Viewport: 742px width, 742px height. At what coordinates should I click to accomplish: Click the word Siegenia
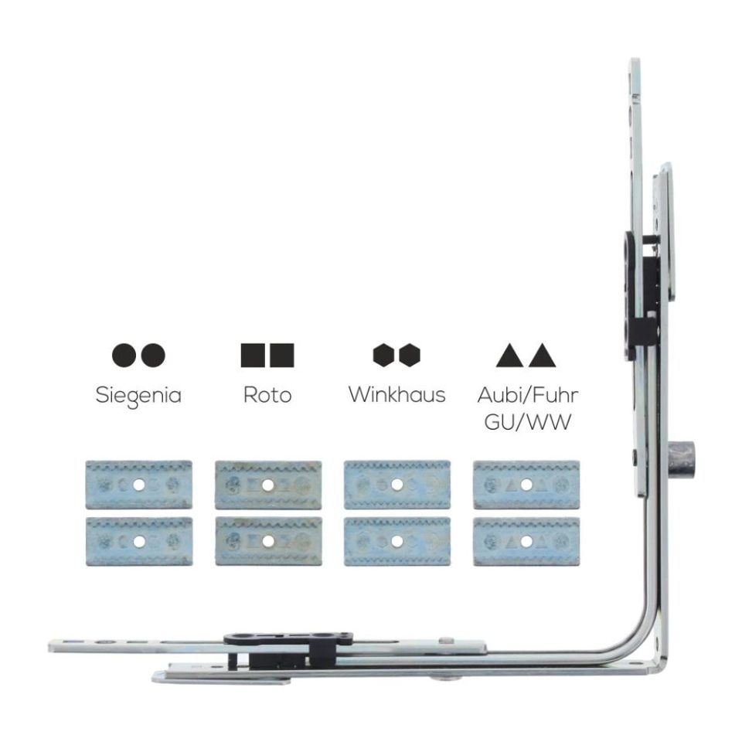click(x=138, y=396)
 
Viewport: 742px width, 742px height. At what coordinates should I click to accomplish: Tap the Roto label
click(x=267, y=395)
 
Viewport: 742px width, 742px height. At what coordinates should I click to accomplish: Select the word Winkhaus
click(x=397, y=394)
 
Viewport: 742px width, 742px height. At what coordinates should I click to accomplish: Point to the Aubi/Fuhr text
click(x=528, y=395)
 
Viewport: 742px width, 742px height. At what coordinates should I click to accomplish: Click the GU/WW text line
click(x=528, y=422)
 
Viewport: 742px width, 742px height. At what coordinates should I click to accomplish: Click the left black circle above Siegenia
click(x=124, y=355)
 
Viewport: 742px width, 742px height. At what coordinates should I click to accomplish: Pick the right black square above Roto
click(x=282, y=356)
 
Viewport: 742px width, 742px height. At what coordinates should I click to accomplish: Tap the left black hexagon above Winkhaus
click(x=383, y=355)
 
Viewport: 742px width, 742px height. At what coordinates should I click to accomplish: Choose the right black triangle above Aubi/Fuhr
click(x=543, y=356)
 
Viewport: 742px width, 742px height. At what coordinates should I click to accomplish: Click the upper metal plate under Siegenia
click(x=138, y=485)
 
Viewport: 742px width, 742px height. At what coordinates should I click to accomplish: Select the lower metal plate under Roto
click(x=268, y=541)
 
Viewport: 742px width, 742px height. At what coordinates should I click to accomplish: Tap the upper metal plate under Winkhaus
click(x=397, y=485)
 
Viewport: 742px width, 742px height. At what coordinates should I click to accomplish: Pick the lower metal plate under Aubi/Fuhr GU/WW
click(x=526, y=541)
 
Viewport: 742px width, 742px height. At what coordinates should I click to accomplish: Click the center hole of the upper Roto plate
click(x=268, y=485)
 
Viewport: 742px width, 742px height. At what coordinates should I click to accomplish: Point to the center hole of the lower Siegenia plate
click(x=138, y=541)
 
